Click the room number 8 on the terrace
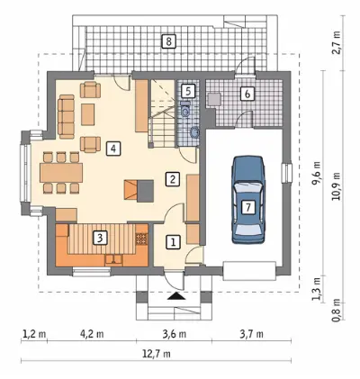point(168,41)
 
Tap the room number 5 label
point(188,91)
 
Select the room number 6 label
point(247,94)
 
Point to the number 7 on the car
point(248,207)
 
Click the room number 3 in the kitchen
point(100,238)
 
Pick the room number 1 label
point(173,242)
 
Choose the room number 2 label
point(173,179)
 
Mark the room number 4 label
point(113,149)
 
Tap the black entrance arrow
point(176,296)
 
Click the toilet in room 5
point(185,109)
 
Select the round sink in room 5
point(195,132)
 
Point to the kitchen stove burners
point(141,239)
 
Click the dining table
point(61,173)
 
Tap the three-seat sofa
point(66,116)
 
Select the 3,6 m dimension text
point(175,334)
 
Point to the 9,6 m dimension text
point(316,174)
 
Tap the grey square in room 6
point(214,99)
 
